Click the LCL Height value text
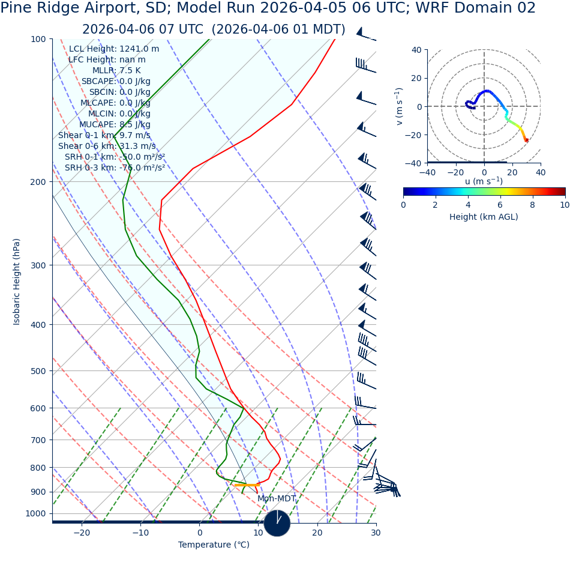[x=114, y=49]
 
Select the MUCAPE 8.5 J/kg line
[x=115, y=124]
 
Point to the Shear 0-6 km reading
[x=107, y=146]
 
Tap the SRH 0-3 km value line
[x=115, y=168]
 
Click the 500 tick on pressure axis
[x=38, y=371]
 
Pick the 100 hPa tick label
[x=38, y=39]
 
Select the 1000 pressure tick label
[x=35, y=513]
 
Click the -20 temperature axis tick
[x=82, y=533]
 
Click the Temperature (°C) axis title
[x=214, y=545]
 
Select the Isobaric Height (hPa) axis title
[x=17, y=282]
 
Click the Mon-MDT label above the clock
[x=277, y=498]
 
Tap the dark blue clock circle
[x=277, y=523]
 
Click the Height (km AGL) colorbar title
[x=484, y=217]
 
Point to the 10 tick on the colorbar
[x=565, y=205]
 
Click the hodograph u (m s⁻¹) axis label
[x=484, y=181]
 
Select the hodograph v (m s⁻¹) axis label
[x=399, y=106]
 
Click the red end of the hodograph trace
[x=526, y=140]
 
